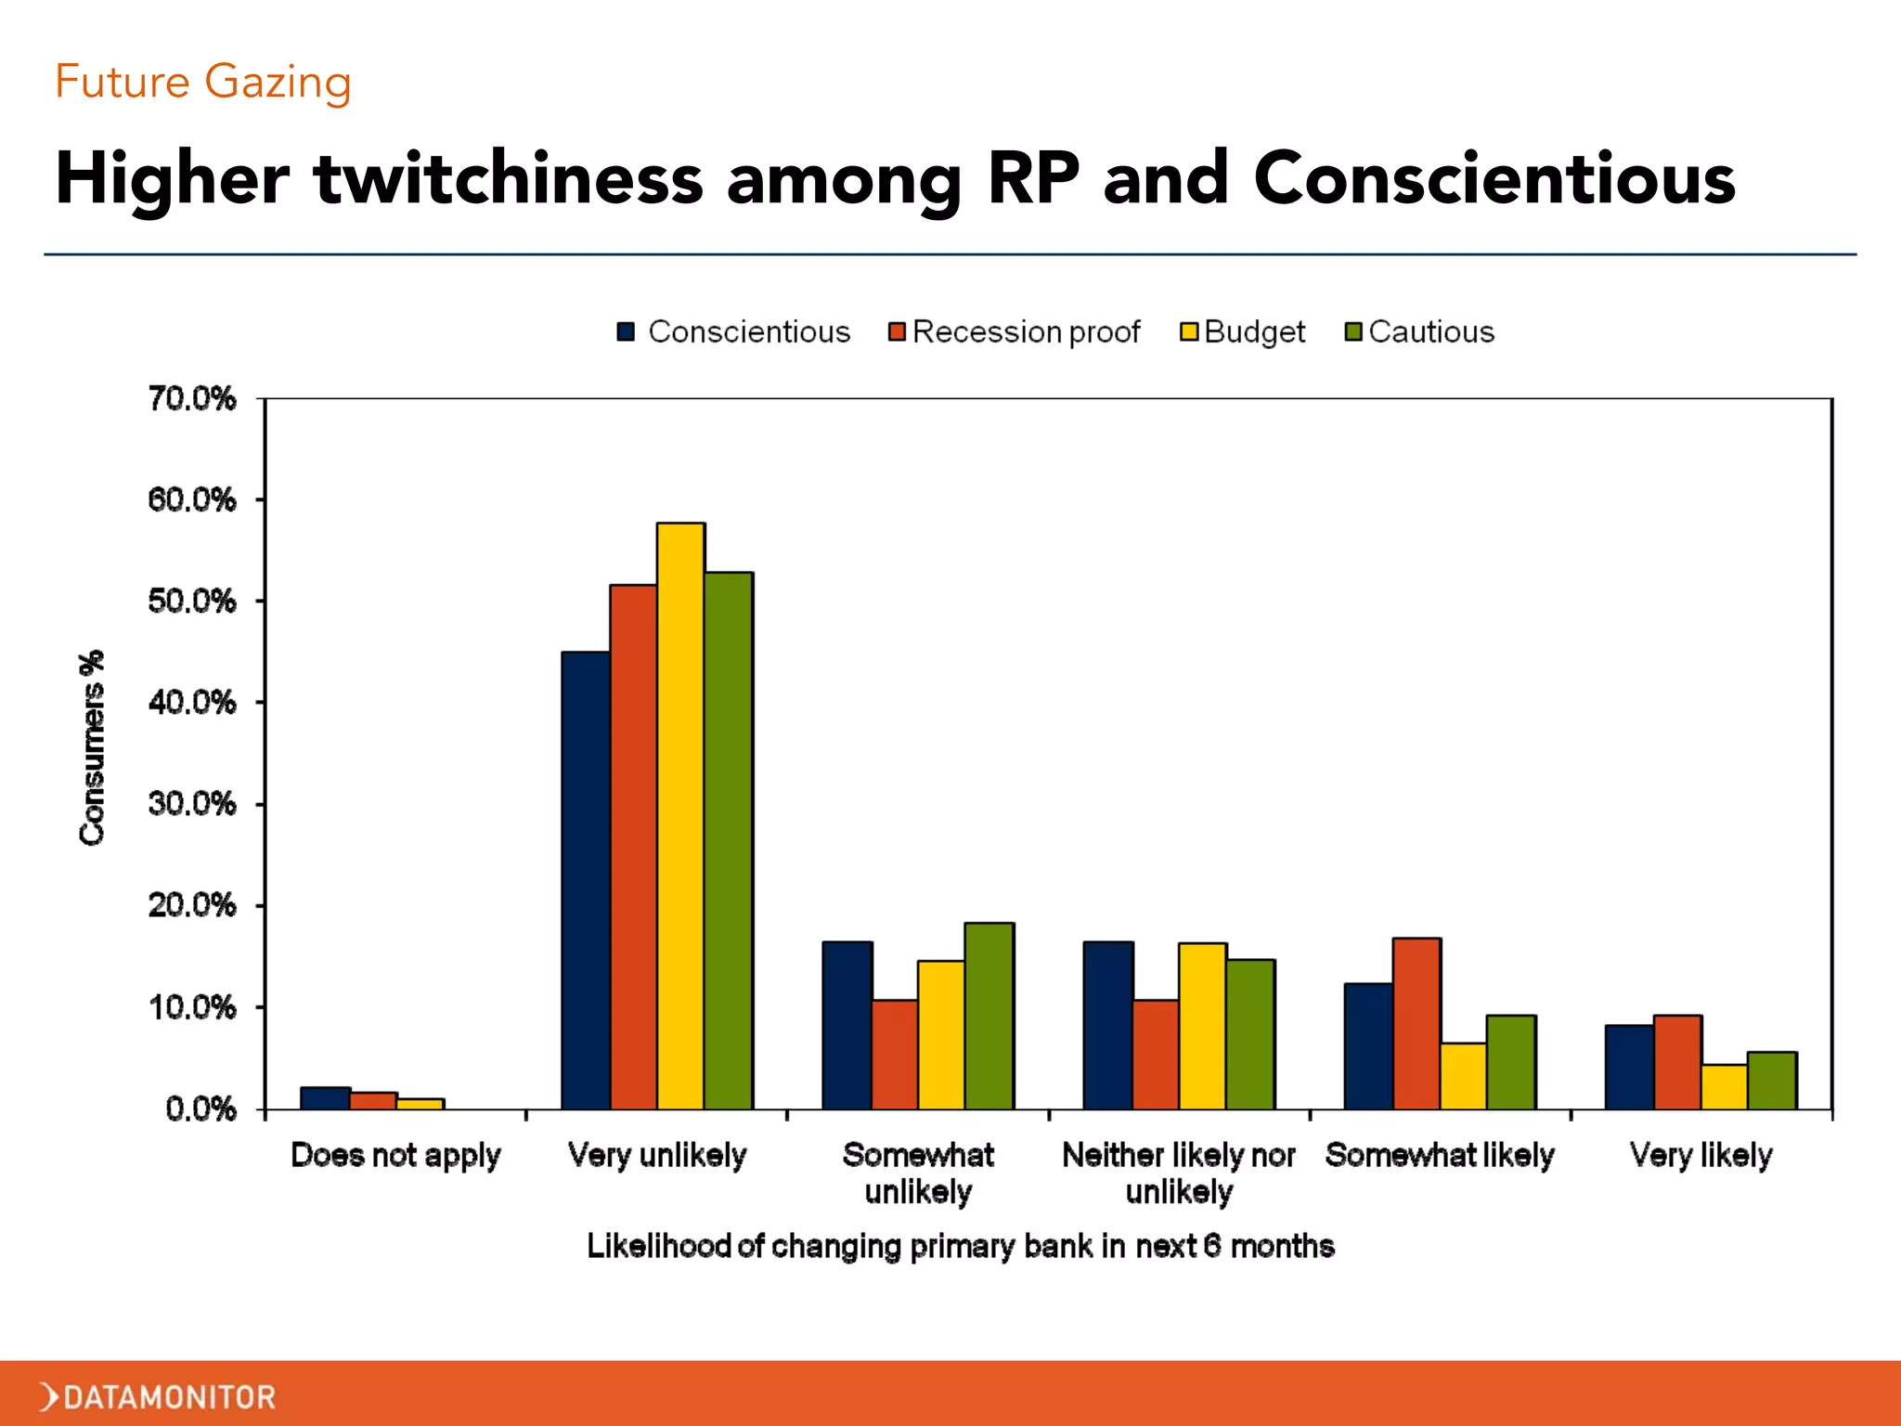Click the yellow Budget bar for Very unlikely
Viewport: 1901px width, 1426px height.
(680, 817)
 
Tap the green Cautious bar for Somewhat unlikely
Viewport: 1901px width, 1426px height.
(989, 1016)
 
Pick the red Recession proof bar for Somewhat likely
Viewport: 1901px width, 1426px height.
(1416, 1023)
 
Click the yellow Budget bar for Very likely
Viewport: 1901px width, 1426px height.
(1724, 1086)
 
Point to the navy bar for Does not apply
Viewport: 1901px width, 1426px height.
(325, 1098)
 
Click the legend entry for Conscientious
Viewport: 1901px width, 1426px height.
(733, 331)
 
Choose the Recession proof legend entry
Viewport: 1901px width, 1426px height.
(1014, 331)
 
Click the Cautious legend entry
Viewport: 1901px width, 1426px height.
(1419, 331)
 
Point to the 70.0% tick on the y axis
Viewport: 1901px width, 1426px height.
(192, 399)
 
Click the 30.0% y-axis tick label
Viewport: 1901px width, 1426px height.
(192, 804)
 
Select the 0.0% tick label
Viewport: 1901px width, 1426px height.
(200, 1108)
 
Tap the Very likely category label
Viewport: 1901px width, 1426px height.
(1701, 1155)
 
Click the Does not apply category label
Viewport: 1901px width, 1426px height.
(395, 1155)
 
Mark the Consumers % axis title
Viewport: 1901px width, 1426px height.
(92, 748)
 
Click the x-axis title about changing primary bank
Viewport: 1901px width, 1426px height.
(960, 1246)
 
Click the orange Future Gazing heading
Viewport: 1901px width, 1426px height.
(203, 82)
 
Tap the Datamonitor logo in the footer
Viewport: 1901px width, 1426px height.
(158, 1396)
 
